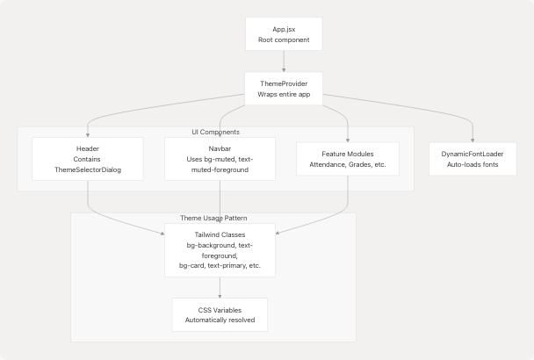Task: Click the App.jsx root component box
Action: (285, 35)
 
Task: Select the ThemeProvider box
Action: (285, 89)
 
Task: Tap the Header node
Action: (88, 159)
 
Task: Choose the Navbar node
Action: (220, 159)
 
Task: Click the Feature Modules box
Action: (348, 159)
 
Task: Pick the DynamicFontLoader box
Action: (473, 159)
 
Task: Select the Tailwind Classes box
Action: (220, 250)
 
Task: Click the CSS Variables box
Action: (220, 314)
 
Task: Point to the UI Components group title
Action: (216, 132)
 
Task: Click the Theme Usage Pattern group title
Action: (213, 217)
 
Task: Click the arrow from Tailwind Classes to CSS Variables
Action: (220, 287)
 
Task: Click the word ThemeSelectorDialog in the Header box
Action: (88, 169)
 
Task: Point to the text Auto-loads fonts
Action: (473, 164)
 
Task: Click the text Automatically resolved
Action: (220, 320)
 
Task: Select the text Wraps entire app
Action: (285, 94)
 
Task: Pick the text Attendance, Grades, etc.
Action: (348, 164)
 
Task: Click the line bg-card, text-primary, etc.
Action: (220, 265)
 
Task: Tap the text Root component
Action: (285, 40)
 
